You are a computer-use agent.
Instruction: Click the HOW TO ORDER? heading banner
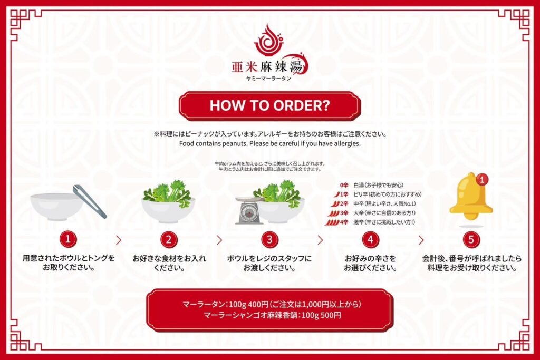269,105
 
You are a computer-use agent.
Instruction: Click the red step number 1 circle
68,239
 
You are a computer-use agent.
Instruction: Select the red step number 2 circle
169,239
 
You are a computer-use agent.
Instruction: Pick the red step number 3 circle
269,239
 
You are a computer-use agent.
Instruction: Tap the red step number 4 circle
371,239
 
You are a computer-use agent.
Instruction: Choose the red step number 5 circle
471,239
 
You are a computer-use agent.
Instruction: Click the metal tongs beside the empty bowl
90,202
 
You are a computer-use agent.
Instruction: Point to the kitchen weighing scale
249,210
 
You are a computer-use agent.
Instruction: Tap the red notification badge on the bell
482,179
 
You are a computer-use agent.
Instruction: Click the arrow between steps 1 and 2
119,240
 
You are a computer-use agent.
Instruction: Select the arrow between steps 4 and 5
421,240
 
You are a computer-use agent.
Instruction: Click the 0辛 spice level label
344,185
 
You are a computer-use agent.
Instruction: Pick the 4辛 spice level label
344,222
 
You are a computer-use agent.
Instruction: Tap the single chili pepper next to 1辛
336,194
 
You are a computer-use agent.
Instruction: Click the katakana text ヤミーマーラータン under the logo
269,79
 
